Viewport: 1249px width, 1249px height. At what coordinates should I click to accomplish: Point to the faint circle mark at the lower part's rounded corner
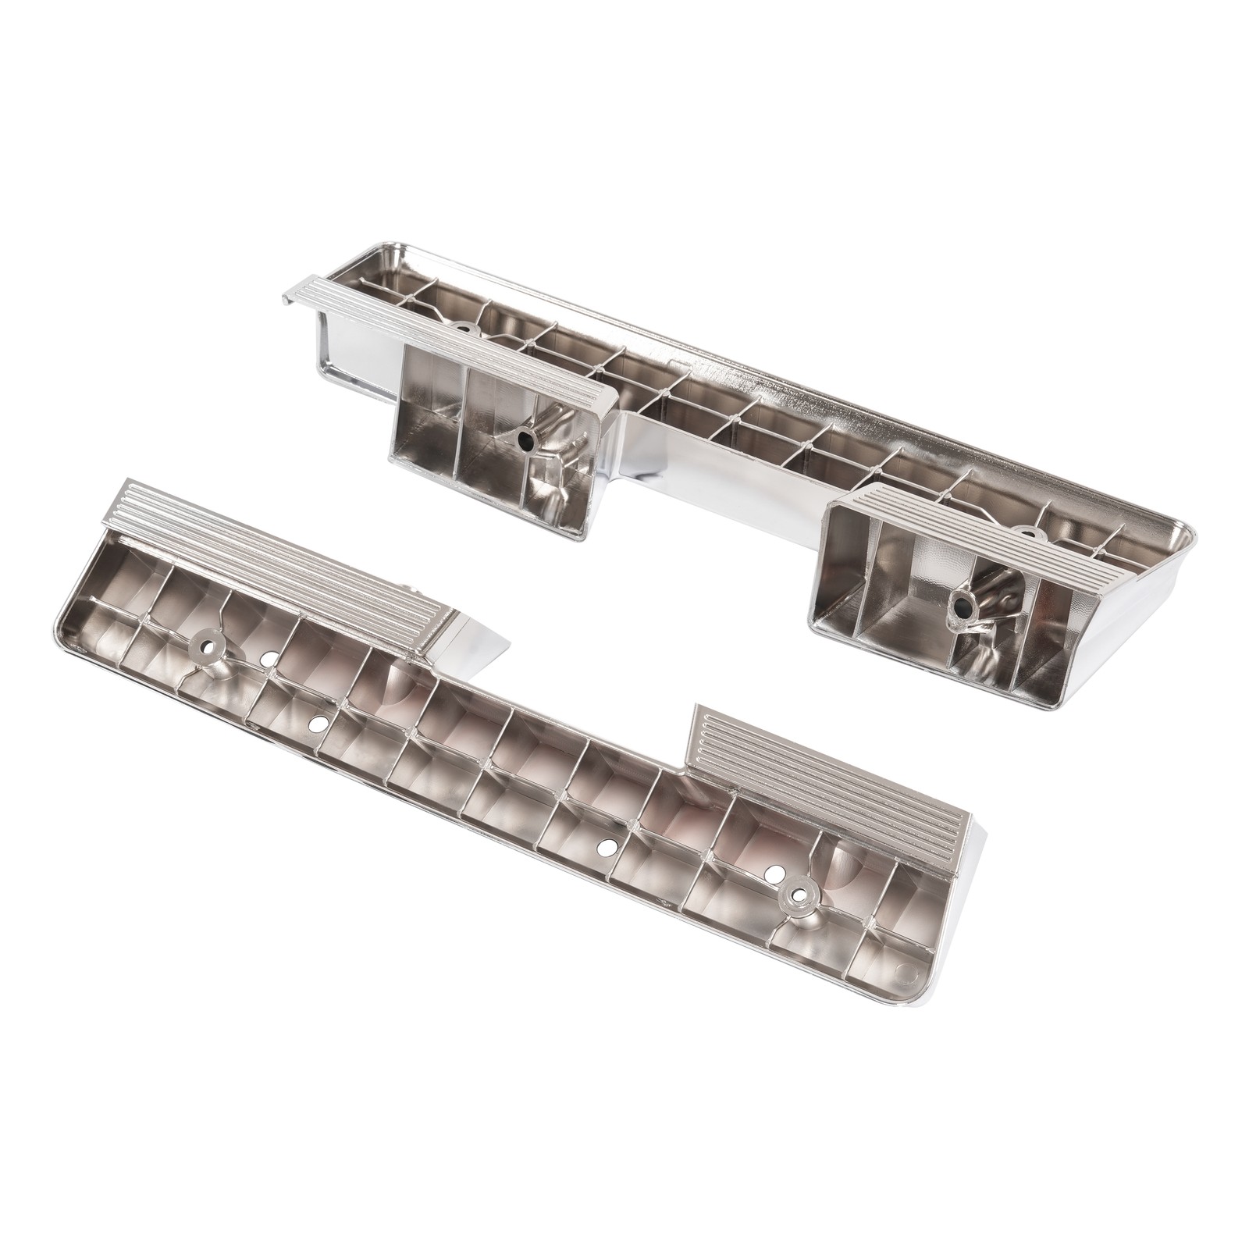[x=906, y=973]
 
